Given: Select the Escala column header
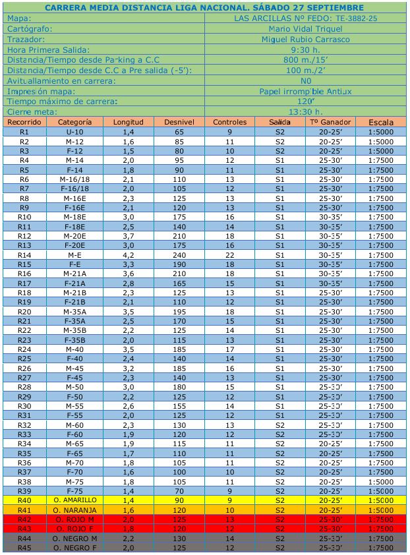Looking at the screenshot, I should click(381, 122).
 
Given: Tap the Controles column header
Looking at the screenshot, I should click(230, 122).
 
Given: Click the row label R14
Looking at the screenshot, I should click(24, 254).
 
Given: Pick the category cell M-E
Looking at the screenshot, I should click(74, 254).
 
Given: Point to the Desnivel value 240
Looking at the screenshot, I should click(179, 254).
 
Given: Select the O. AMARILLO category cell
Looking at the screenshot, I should click(74, 500).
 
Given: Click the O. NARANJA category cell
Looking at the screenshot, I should click(74, 510).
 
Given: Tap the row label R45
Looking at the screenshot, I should click(24, 548).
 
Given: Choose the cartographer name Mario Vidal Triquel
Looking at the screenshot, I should click(306, 29).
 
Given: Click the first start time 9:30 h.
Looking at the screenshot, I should click(306, 49).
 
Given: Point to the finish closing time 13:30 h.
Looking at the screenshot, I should click(306, 111).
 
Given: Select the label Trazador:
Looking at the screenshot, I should click(26, 40).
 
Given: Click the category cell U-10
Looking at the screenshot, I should click(74, 132).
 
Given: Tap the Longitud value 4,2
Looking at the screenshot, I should click(129, 254).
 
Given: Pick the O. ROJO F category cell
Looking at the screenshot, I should click(74, 529).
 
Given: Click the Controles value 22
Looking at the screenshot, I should click(230, 254).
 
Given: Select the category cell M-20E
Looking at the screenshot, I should click(74, 235).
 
